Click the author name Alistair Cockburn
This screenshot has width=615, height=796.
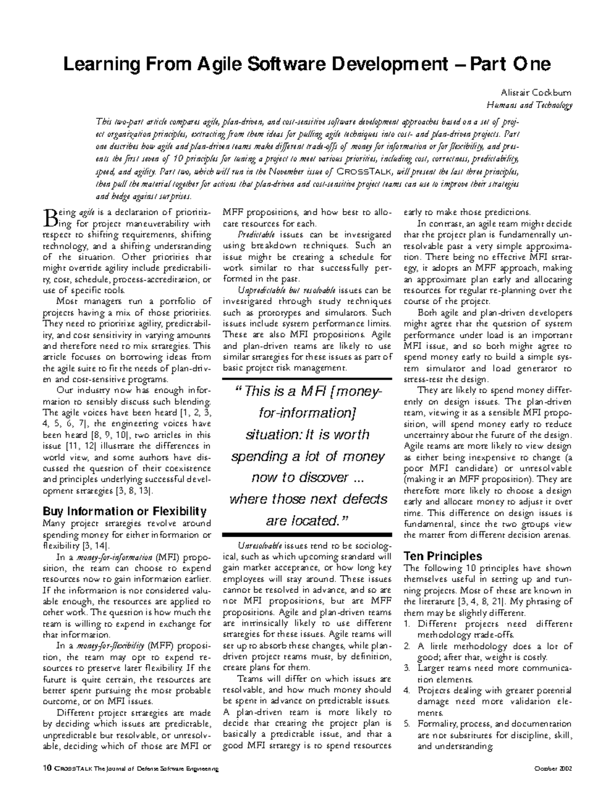[x=536, y=93]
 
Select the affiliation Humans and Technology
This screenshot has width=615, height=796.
[x=529, y=106]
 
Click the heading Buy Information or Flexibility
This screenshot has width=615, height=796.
[x=125, y=511]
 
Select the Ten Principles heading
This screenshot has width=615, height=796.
[x=443, y=556]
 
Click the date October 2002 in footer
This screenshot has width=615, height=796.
[x=553, y=769]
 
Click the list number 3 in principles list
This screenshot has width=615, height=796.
[x=407, y=668]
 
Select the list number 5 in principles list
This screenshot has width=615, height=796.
[x=407, y=724]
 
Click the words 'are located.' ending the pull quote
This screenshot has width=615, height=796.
[x=307, y=521]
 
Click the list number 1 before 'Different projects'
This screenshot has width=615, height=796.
[x=407, y=624]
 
